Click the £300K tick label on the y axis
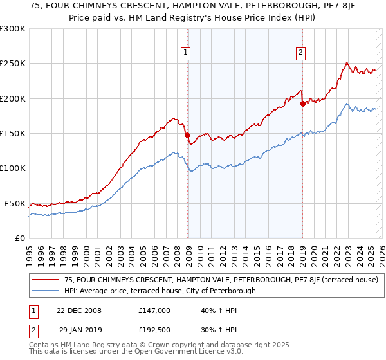pyautogui.click(x=12, y=29)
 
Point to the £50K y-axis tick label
pyautogui.click(x=15, y=203)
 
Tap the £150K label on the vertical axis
pyautogui.click(x=12, y=134)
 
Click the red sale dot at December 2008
pyautogui.click(x=187, y=136)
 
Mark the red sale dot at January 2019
pyautogui.click(x=302, y=104)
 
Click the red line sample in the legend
pyautogui.click(x=46, y=280)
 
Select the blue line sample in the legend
pyautogui.click(x=46, y=291)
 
